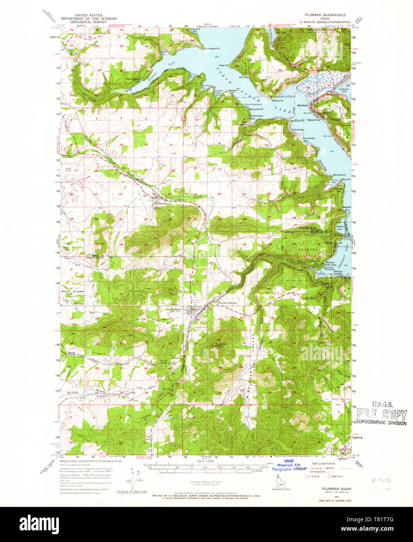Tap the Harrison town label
(303, 105)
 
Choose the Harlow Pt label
(276, 101)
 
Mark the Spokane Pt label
(298, 121)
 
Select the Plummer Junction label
(227, 303)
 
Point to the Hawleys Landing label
(338, 272)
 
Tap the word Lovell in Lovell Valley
(102, 397)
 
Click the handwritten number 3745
(381, 480)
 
